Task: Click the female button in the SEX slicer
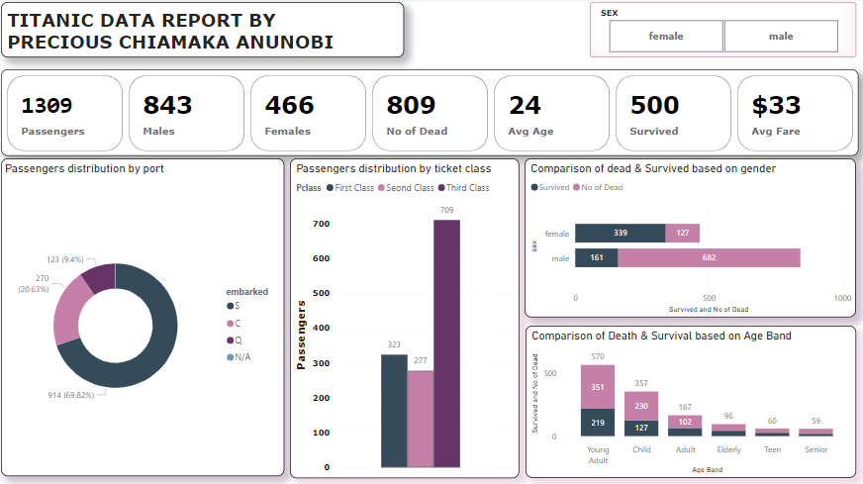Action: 666,37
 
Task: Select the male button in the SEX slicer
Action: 781,37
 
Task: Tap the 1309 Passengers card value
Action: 47,105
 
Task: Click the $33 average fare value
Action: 776,105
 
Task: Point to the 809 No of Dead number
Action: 411,105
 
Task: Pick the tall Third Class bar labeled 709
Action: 446,342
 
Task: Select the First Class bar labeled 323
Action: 394,410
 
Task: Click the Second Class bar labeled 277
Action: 421,418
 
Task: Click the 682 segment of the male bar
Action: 709,257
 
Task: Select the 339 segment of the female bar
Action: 621,234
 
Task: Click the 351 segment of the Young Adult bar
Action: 598,388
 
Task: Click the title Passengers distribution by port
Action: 84,168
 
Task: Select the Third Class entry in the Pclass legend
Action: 464,188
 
